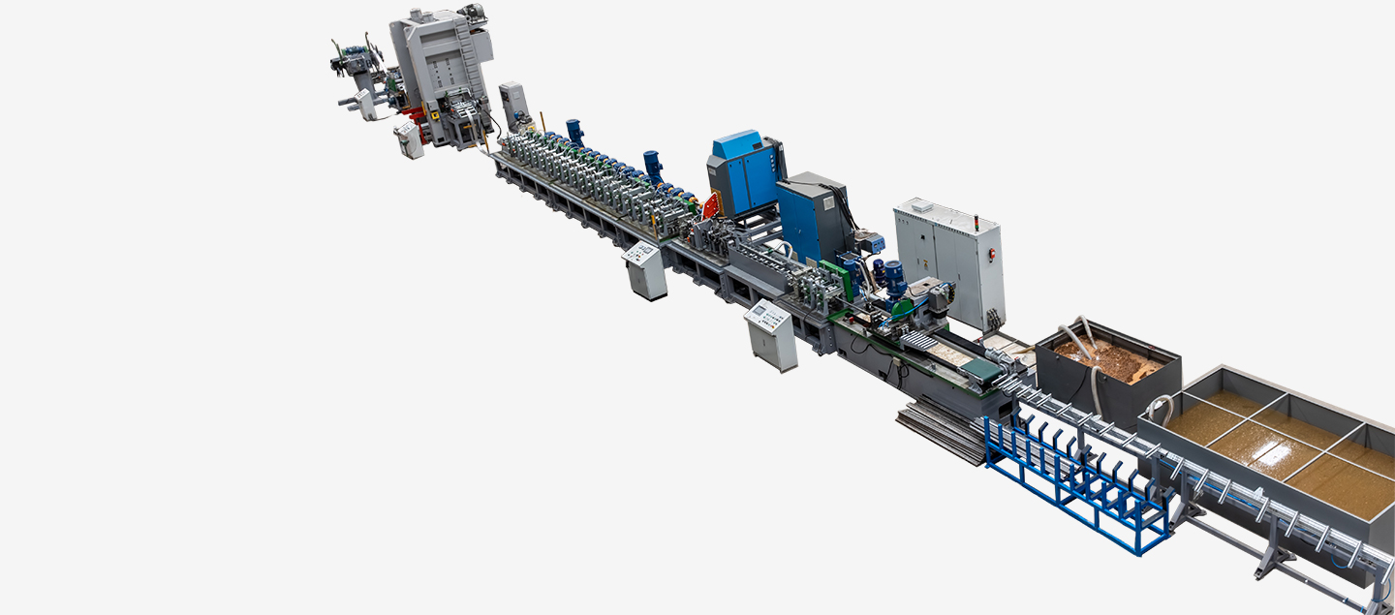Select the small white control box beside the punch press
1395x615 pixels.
click(x=409, y=139)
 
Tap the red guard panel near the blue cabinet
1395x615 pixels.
click(x=712, y=206)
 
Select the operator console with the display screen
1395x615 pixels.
click(x=771, y=334)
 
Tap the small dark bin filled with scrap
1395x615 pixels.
click(x=1107, y=373)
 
